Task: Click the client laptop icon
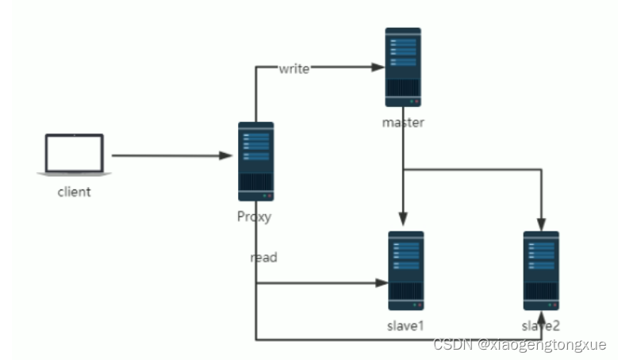pos(75,154)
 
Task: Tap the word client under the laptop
pos(74,191)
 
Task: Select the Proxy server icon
pos(255,161)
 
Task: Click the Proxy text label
pos(254,216)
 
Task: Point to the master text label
pos(403,122)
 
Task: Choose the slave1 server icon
pos(405,270)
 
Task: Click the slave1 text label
pos(405,326)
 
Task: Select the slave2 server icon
pos(541,270)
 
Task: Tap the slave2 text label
pos(541,326)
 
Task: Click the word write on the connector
pos(294,69)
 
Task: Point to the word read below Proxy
pos(263,258)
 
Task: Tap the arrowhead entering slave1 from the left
pos(380,282)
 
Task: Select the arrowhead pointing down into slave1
pos(404,224)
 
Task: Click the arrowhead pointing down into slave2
pos(542,224)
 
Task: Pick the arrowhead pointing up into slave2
pos(542,318)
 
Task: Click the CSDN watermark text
pos(520,344)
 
